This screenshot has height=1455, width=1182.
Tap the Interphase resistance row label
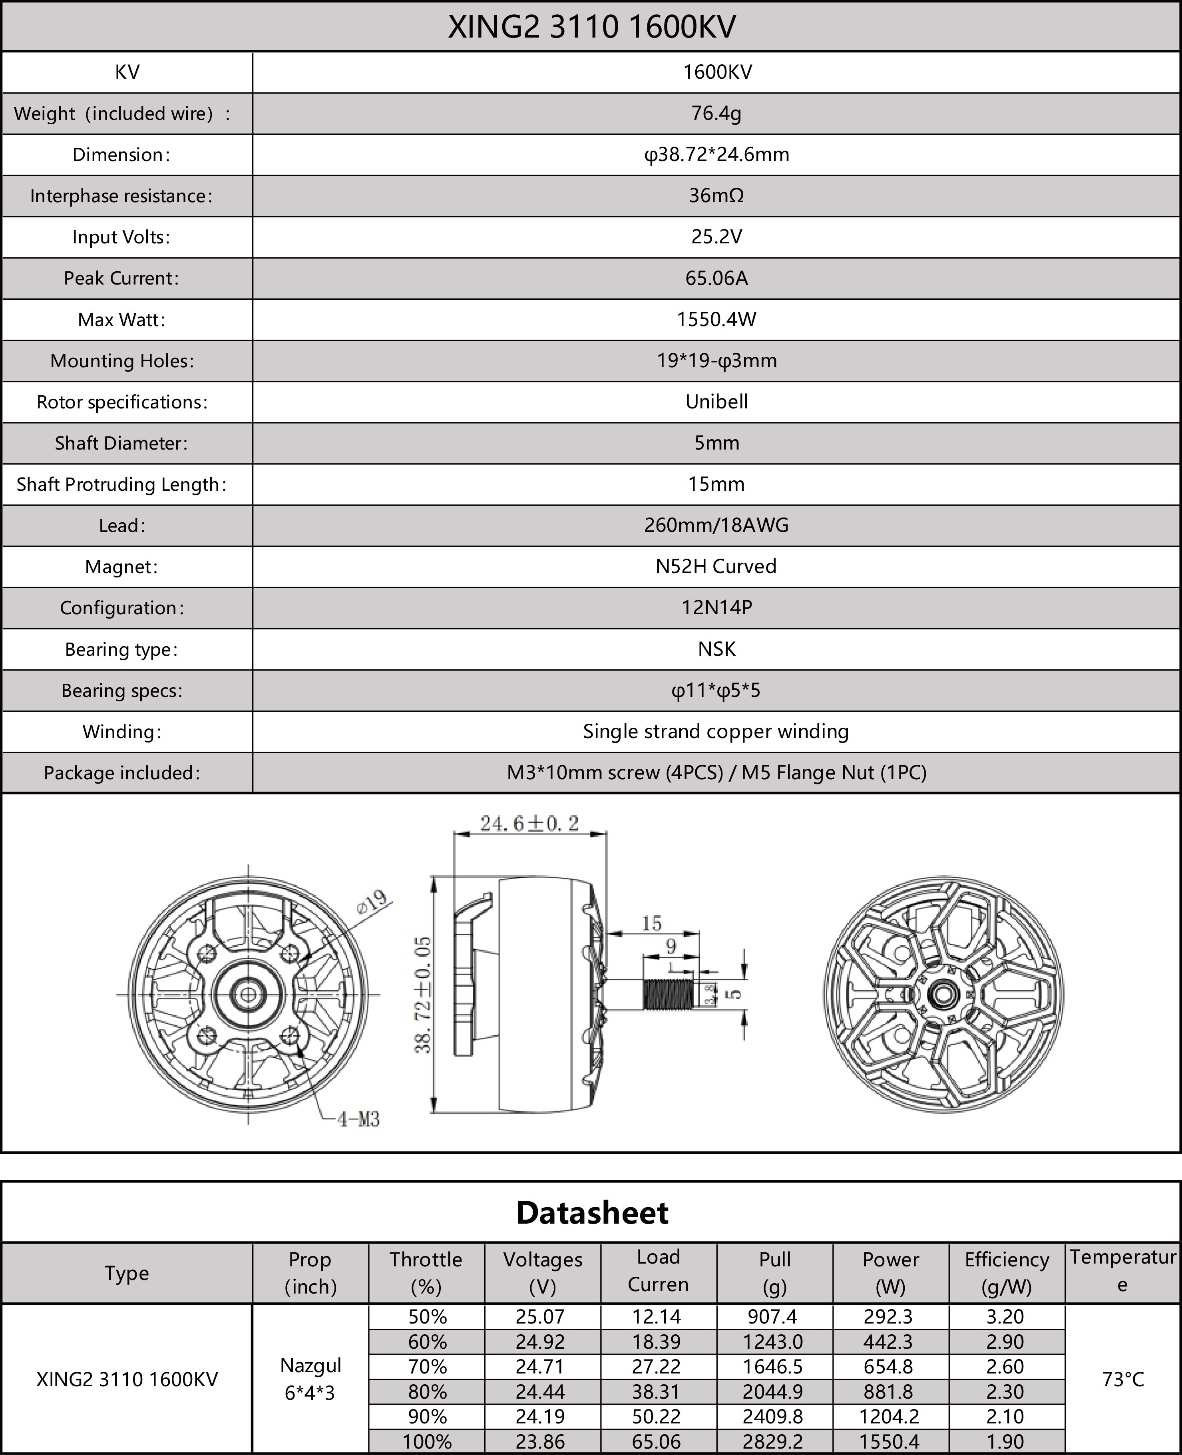click(x=121, y=196)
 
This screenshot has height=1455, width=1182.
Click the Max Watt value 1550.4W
click(x=716, y=319)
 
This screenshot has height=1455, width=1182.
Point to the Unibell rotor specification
click(x=716, y=402)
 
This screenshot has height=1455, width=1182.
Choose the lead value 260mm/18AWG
click(x=716, y=525)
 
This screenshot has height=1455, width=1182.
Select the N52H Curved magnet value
click(x=716, y=567)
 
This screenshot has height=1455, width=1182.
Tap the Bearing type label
click(x=121, y=649)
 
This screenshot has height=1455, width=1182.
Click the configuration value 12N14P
click(x=716, y=607)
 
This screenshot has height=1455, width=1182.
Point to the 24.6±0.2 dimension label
click(x=530, y=824)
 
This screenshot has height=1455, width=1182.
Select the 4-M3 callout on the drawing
click(x=358, y=1119)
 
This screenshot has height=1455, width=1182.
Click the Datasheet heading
click(x=591, y=1212)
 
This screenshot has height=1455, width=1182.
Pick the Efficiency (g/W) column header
click(x=1006, y=1272)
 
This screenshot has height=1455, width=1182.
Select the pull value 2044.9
click(x=773, y=1392)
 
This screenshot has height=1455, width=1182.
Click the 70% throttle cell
click(x=427, y=1367)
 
